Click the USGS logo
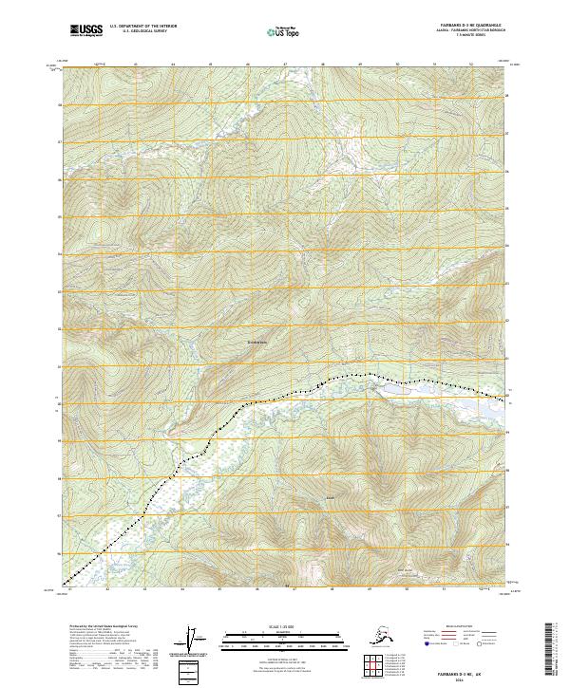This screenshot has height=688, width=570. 86,30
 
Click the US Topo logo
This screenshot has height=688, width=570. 284,31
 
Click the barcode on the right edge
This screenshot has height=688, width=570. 549,648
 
